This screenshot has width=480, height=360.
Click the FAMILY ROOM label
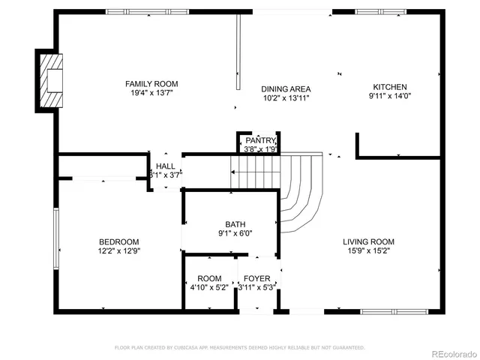point(151,84)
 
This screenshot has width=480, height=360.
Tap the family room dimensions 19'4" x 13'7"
point(151,94)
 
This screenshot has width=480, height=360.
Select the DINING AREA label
point(286,88)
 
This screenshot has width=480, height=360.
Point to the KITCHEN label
point(390,87)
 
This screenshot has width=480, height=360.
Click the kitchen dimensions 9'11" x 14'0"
point(390,97)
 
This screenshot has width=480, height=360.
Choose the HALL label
point(166,166)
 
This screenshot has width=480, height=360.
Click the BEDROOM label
point(118,241)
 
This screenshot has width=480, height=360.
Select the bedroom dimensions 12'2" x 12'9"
point(118,251)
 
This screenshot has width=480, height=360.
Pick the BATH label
point(235,224)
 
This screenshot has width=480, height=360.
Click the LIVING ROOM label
point(368,241)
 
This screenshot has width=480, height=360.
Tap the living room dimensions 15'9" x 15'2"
point(368,251)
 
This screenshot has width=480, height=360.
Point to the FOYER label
point(258,279)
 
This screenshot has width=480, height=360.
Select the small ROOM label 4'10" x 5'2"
point(209,279)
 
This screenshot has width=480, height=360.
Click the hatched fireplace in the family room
point(51,80)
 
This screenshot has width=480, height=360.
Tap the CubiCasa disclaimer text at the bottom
point(239,348)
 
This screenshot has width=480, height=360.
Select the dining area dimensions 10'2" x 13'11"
point(286,97)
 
